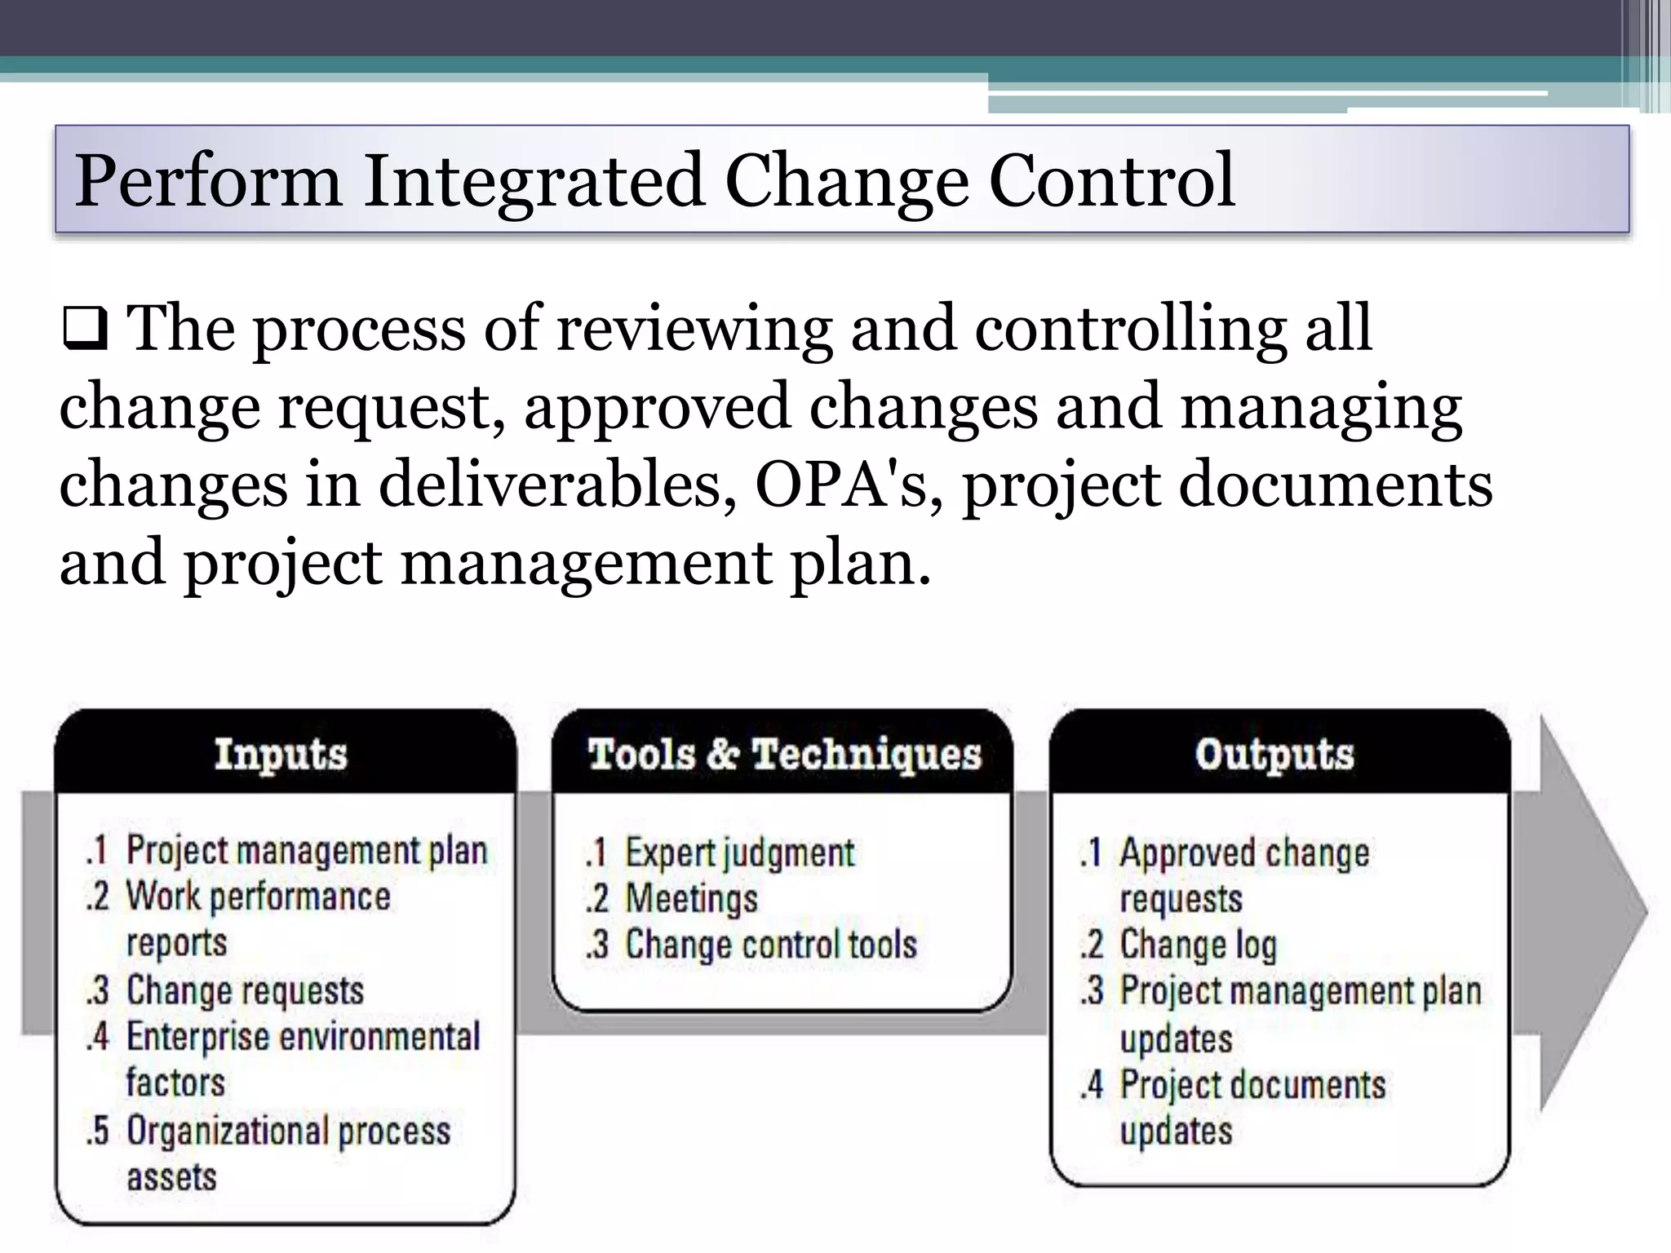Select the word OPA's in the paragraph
coord(847,485)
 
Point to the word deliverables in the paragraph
coord(558,485)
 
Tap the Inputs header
coord(281,754)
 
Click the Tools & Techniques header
coord(784,754)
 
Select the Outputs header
coord(1274,754)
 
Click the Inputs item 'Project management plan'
coord(306,851)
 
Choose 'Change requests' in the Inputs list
coord(245,990)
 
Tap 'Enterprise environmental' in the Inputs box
coord(303,1037)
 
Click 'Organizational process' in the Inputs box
coord(288,1131)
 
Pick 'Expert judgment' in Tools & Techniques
coord(739,853)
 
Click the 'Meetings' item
coord(691,899)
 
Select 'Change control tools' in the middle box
coord(770,945)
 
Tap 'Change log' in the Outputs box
coord(1197,945)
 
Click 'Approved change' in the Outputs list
coord(1243,853)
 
